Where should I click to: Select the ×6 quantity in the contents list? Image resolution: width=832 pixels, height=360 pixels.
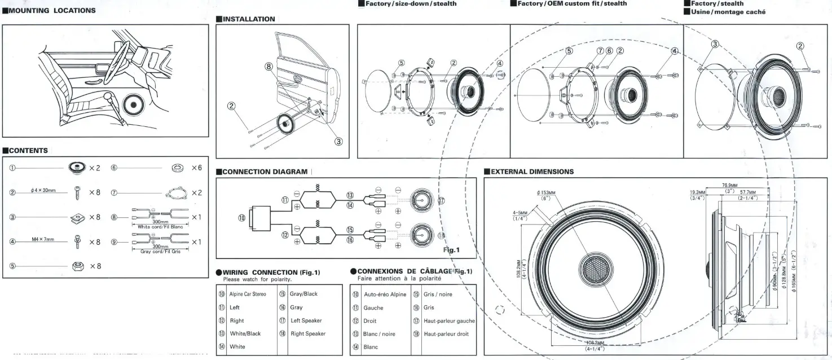(196, 168)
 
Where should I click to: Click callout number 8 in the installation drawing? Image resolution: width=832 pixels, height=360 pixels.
(269, 66)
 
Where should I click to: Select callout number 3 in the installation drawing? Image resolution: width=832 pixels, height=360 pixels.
(338, 141)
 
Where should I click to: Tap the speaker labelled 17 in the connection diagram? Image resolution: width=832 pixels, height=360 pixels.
(421, 200)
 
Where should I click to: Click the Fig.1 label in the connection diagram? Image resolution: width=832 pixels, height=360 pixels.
(452, 249)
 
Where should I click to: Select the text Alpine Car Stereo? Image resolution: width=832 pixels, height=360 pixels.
(248, 294)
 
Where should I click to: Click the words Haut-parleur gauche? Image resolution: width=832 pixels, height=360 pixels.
(449, 321)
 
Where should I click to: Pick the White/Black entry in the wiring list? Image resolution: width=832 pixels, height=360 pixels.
(245, 333)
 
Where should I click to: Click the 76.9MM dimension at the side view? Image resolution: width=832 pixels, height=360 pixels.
(729, 185)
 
